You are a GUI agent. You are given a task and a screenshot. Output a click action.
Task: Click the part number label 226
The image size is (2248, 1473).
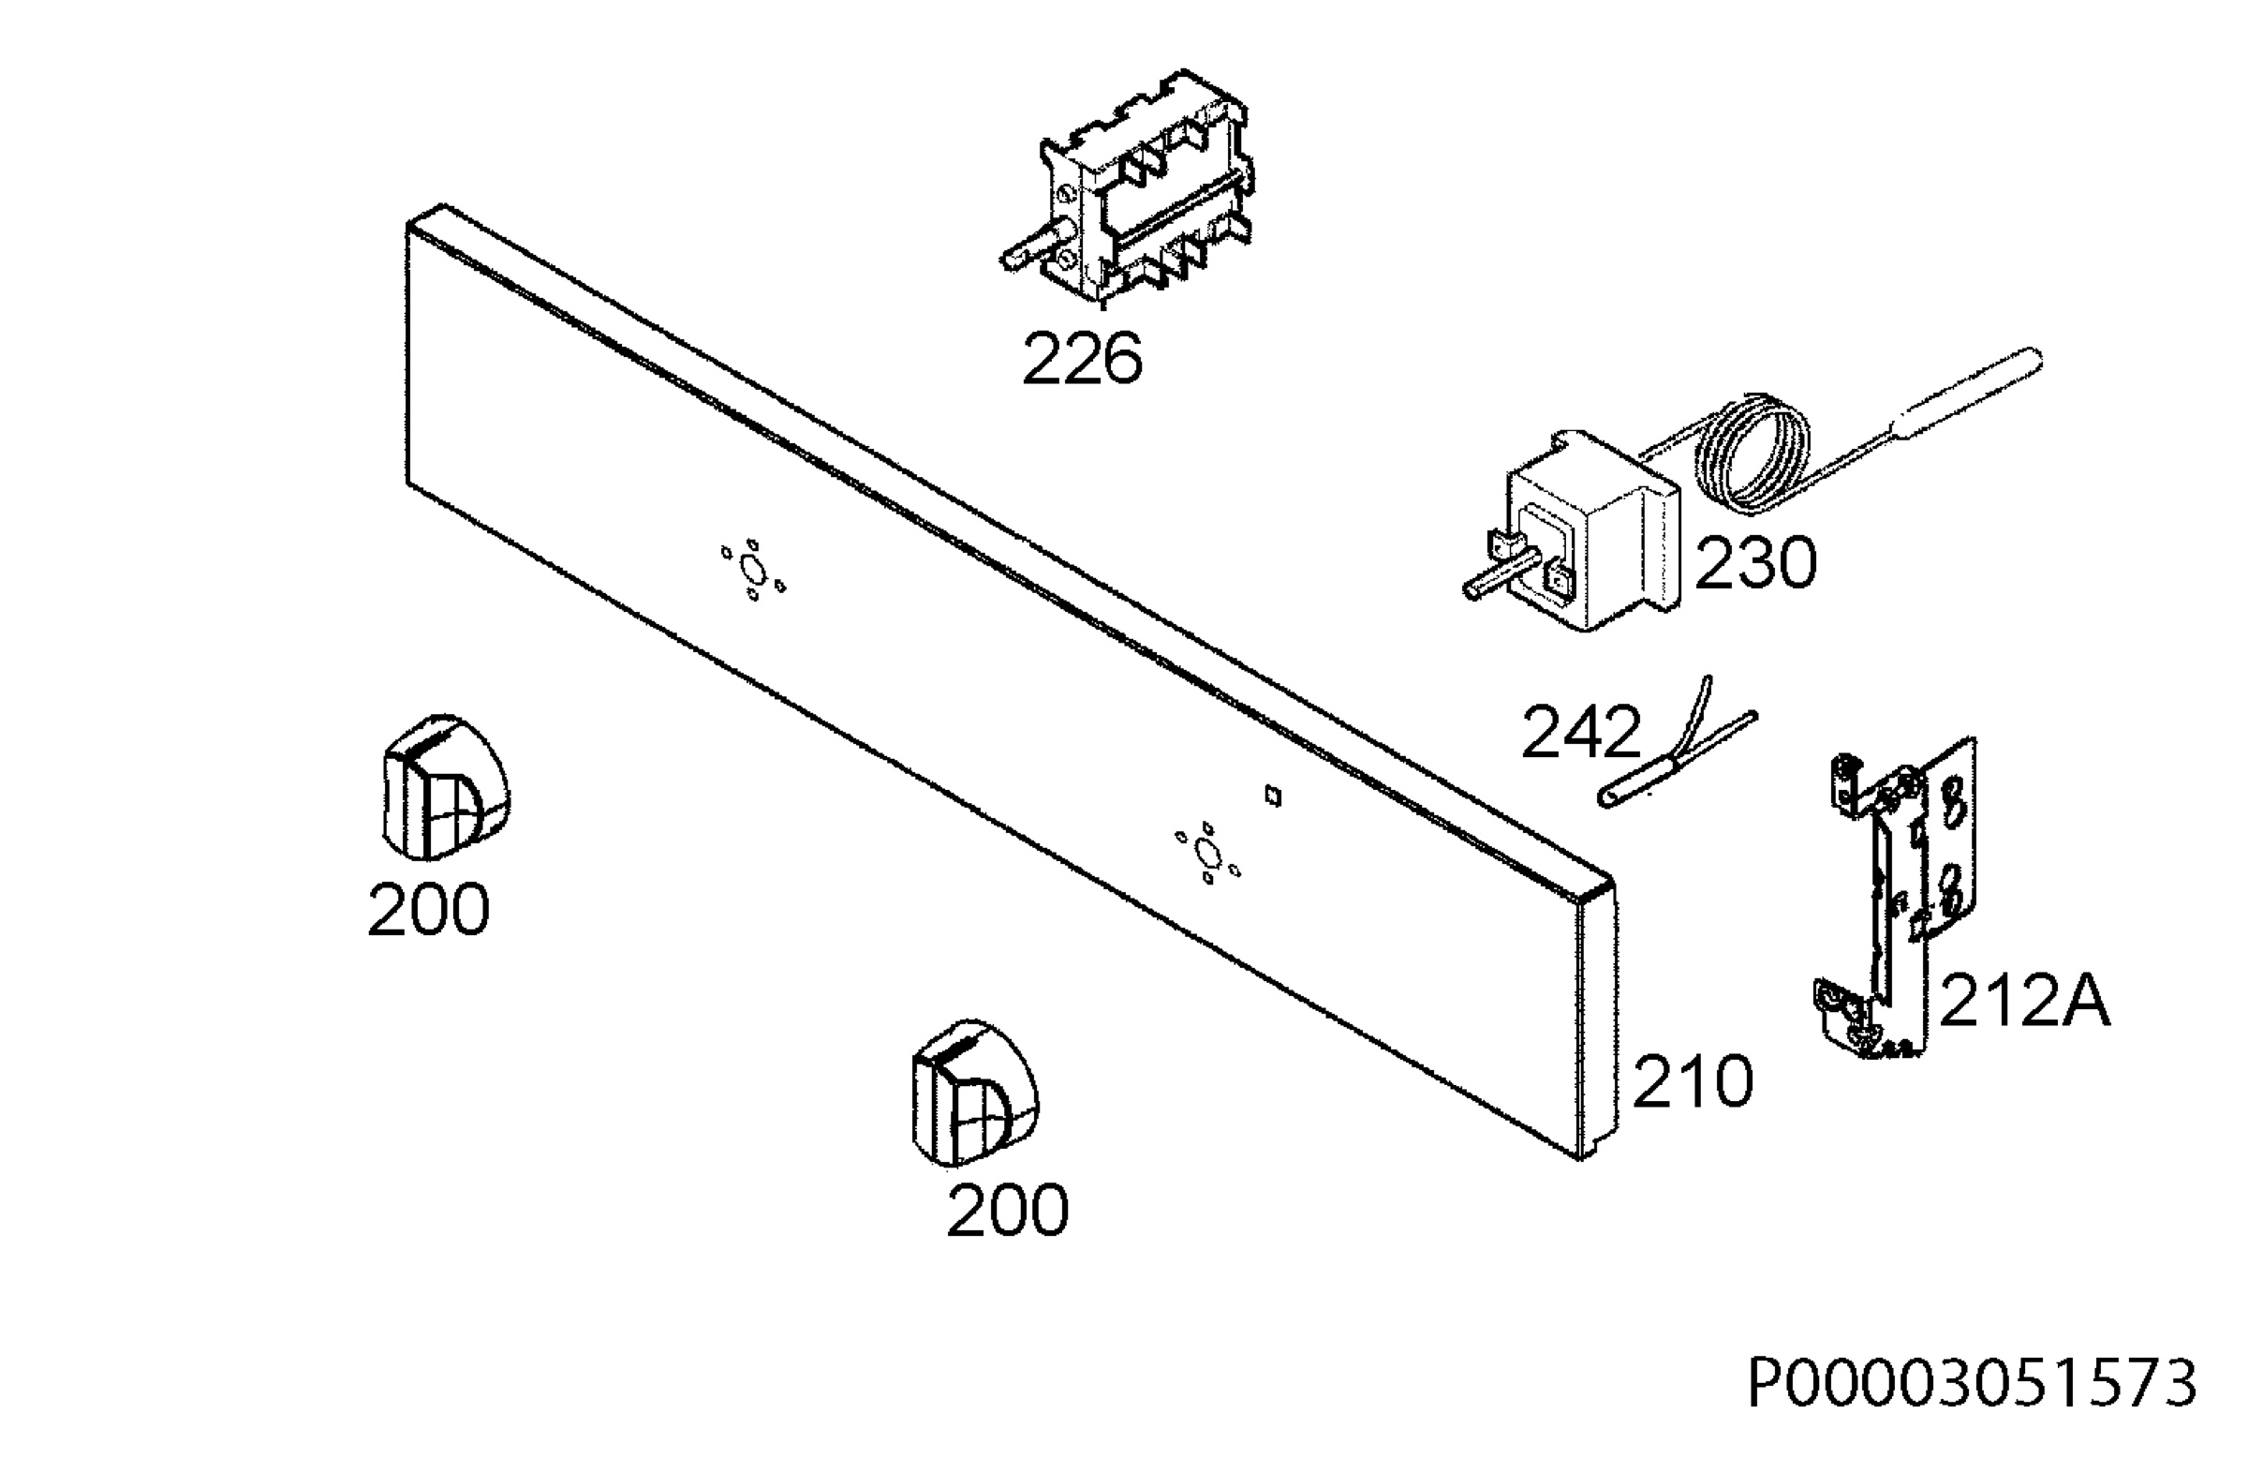point(1082,359)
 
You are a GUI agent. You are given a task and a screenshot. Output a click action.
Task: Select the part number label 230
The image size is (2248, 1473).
point(1756,563)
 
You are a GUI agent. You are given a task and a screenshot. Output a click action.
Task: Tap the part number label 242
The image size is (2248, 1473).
point(1581,733)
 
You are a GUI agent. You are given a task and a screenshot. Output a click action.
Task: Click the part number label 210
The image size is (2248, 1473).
point(1693,1081)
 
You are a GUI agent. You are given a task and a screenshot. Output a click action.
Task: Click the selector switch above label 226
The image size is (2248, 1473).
point(1129,189)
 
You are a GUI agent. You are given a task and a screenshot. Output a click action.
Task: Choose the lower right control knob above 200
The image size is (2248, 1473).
point(974,1094)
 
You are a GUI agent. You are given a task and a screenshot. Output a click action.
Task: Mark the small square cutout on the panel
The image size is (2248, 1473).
point(1272,796)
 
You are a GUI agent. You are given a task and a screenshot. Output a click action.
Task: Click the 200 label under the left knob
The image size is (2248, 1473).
point(429,910)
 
